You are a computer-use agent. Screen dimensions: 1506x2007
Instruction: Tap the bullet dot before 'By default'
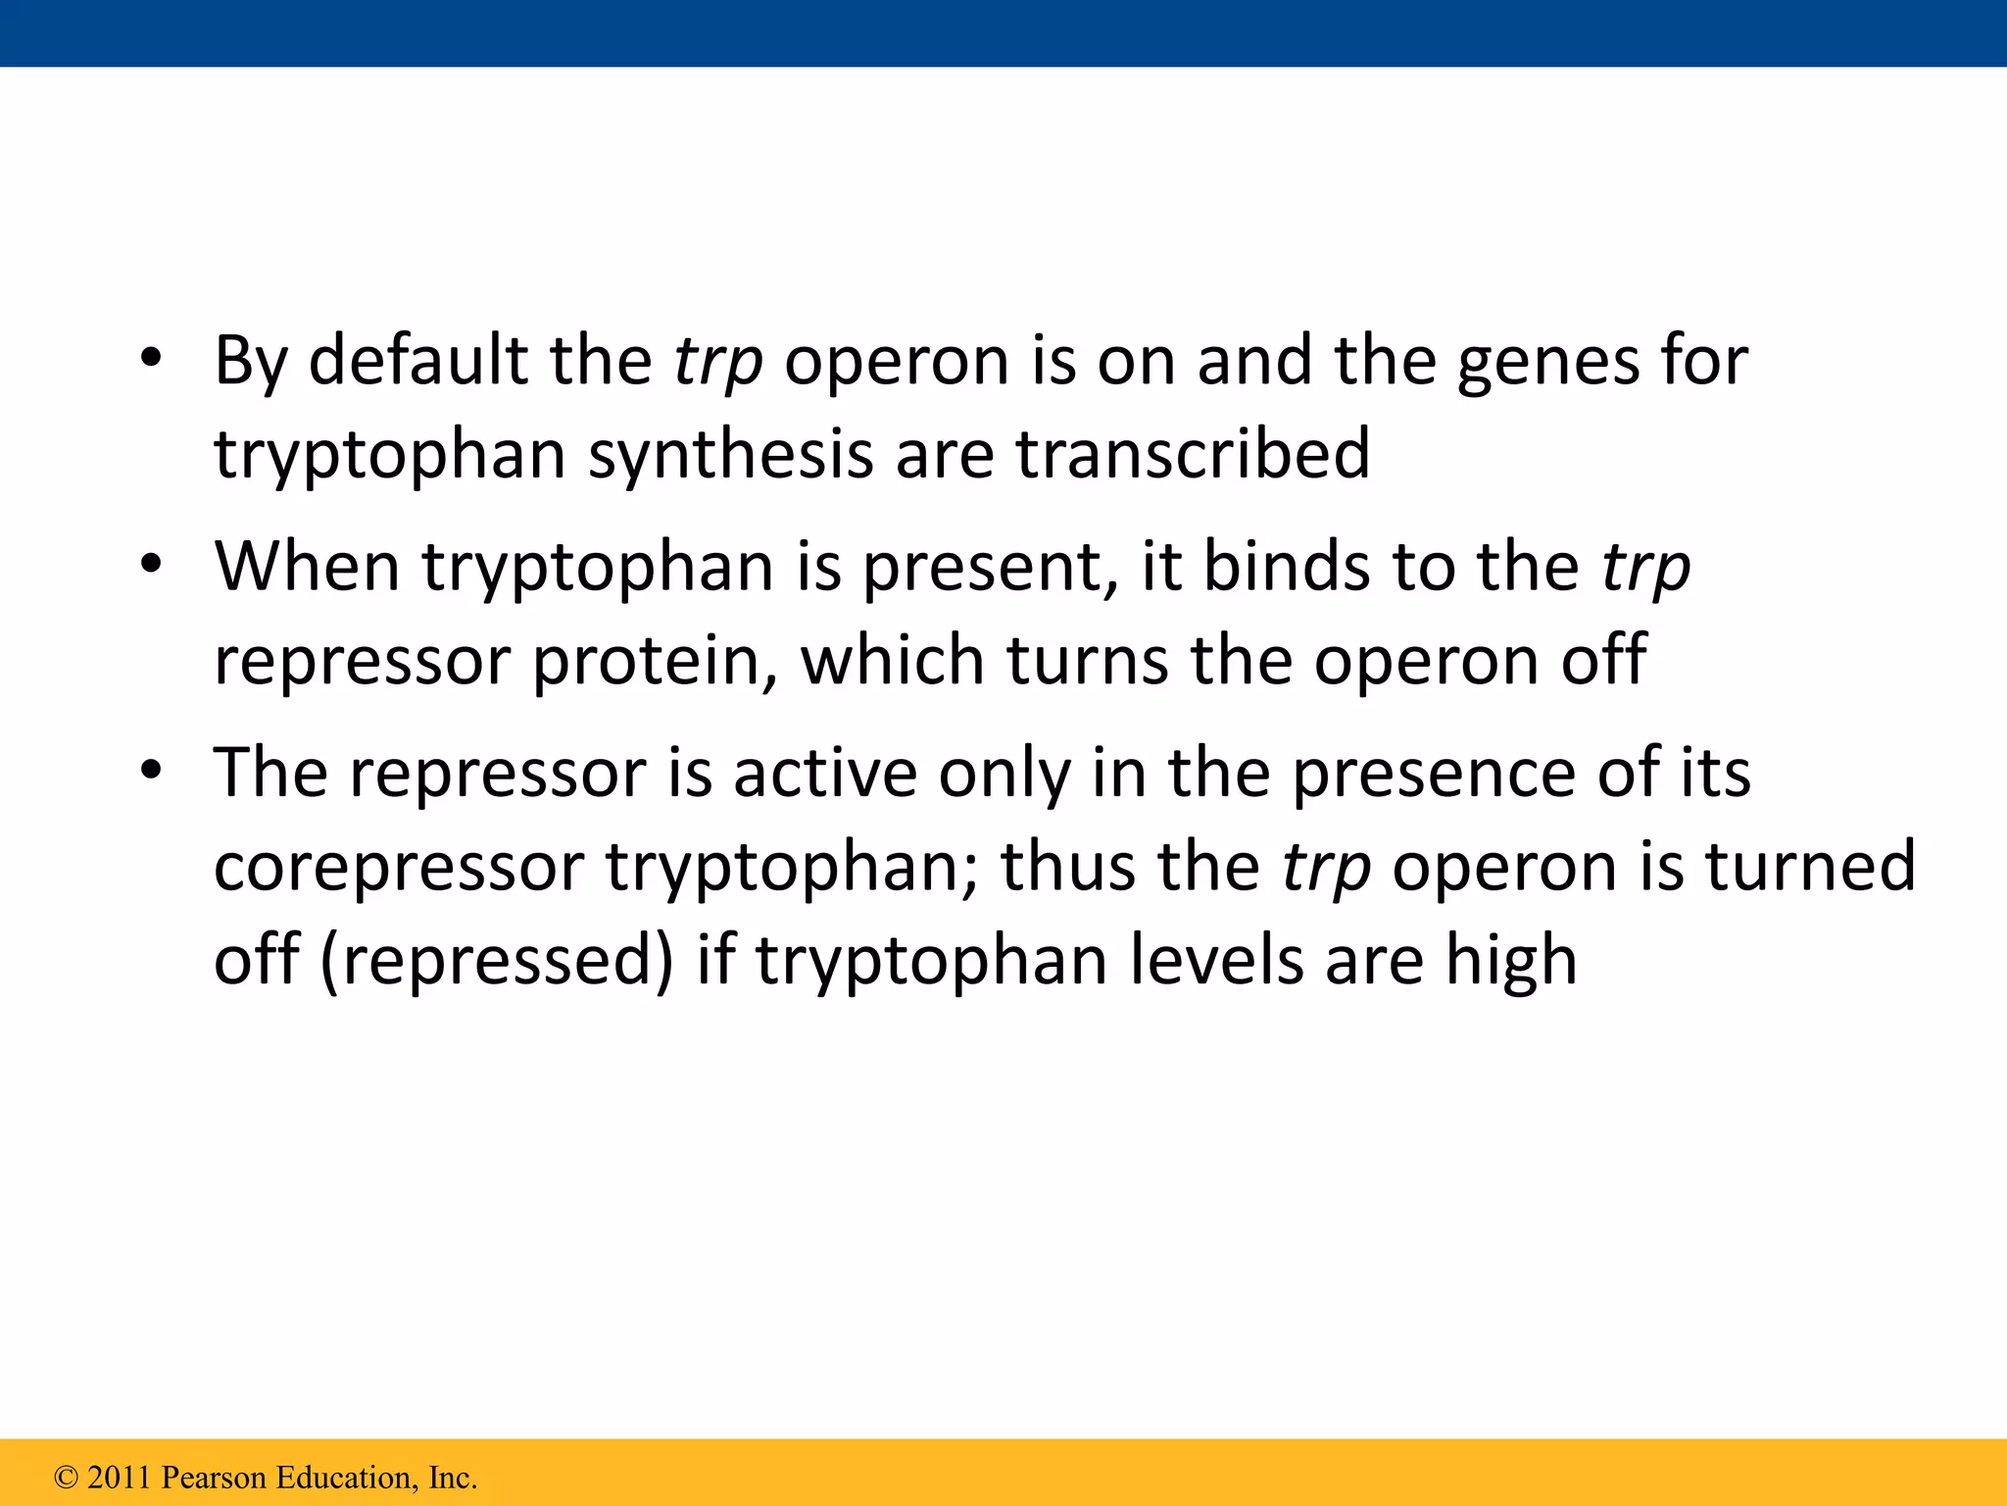tap(150, 360)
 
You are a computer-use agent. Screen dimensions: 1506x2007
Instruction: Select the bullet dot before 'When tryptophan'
tap(150, 566)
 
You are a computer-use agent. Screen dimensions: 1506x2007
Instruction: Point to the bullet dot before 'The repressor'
tap(150, 772)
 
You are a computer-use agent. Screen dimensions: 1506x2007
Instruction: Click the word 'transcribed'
tap(1193, 453)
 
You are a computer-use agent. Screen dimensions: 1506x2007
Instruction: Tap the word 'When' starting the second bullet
tap(307, 566)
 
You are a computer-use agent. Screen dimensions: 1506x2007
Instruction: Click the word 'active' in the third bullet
tap(825, 772)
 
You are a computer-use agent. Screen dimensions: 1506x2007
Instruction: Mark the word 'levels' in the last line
tap(1216, 959)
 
